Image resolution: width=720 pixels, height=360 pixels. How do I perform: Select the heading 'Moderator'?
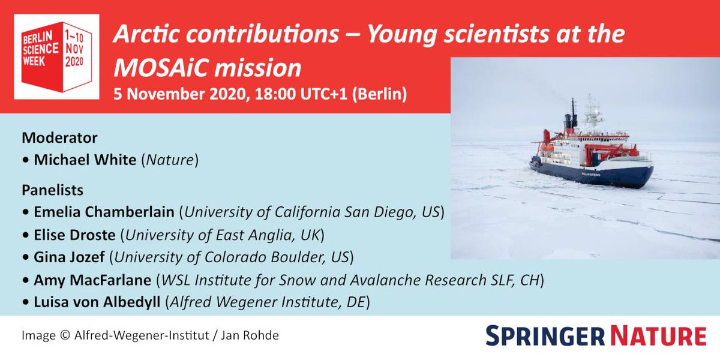(59, 137)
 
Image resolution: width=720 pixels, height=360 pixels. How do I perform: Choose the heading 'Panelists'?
(52, 190)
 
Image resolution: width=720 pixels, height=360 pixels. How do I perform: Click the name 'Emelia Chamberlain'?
(106, 212)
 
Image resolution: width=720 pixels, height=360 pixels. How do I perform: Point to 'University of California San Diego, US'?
(313, 212)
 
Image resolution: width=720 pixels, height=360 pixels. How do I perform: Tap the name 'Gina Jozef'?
(70, 258)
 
